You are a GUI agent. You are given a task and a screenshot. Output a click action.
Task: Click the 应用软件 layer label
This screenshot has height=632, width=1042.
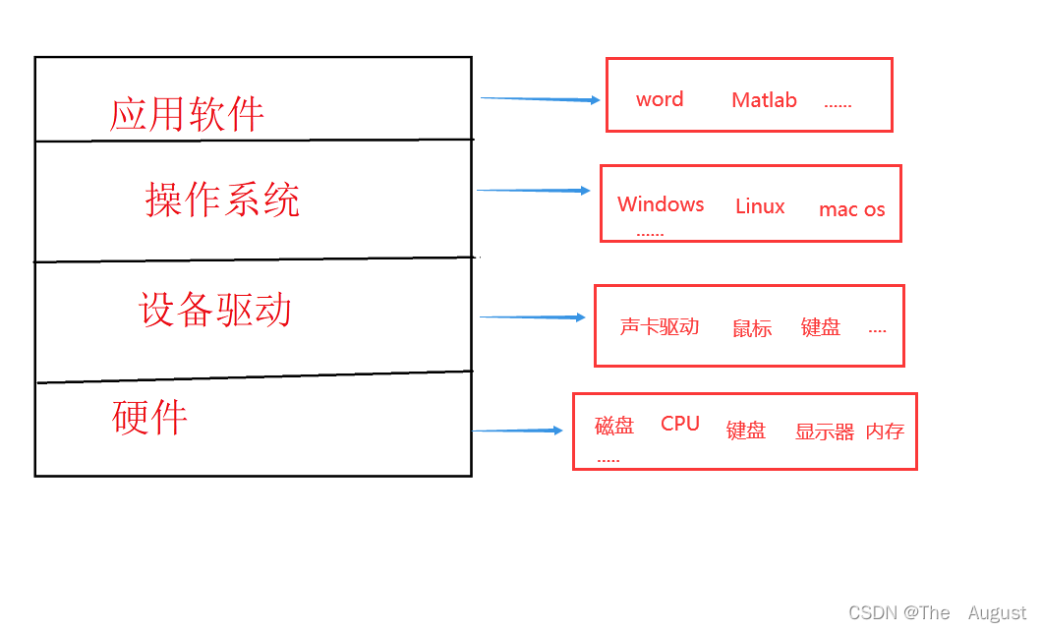tap(187, 114)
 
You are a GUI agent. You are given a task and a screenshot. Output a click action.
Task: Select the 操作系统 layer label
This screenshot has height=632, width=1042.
tap(222, 200)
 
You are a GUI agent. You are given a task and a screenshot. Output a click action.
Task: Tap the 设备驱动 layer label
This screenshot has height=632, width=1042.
tap(215, 310)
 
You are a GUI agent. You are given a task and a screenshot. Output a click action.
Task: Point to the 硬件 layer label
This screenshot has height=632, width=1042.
tap(149, 418)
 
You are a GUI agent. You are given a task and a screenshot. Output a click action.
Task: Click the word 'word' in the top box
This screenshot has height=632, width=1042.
tap(660, 99)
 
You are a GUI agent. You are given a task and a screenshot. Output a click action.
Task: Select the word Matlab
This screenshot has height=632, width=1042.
tap(764, 100)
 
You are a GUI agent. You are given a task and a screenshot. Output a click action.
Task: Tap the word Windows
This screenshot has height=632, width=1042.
tap(661, 204)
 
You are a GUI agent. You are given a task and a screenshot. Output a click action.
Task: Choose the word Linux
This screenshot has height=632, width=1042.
tap(760, 206)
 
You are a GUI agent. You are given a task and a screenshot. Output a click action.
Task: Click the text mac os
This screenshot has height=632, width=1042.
tap(851, 209)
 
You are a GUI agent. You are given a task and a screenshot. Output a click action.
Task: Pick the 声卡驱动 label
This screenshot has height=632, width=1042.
tap(660, 327)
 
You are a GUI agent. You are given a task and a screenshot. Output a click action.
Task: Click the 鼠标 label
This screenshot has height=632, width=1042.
tap(752, 329)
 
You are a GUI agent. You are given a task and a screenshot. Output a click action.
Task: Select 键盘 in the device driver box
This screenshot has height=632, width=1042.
tap(821, 328)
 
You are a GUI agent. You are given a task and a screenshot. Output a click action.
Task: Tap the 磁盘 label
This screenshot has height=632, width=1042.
tap(614, 426)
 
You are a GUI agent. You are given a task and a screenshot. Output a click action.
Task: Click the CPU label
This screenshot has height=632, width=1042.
tap(680, 424)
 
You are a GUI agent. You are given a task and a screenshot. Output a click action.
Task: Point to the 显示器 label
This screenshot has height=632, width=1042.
tap(825, 431)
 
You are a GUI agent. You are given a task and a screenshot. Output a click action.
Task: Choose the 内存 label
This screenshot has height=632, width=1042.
tap(885, 431)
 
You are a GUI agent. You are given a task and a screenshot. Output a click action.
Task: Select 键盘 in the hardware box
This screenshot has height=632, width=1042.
tap(746, 431)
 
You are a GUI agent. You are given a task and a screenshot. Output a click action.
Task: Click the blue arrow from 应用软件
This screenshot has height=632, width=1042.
tap(540, 99)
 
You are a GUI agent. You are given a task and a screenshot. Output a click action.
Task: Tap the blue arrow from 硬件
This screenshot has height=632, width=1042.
tap(517, 431)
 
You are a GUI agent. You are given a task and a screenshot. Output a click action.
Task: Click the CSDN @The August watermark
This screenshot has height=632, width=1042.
tap(937, 613)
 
